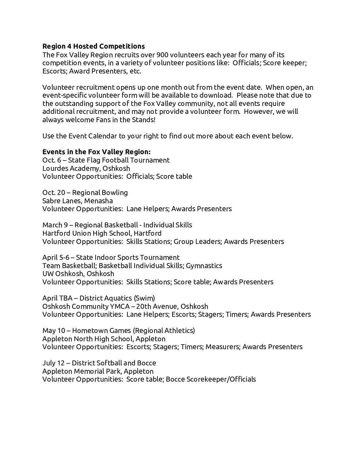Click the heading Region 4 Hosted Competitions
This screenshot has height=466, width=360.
pyautogui.click(x=94, y=46)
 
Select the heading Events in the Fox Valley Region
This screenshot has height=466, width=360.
pyautogui.click(x=96, y=152)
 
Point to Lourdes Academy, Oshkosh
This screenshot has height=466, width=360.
pyautogui.click(x=86, y=168)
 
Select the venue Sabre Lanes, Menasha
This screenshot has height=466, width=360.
pyautogui.click(x=77, y=201)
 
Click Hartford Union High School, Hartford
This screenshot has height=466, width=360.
pyautogui.click(x=102, y=233)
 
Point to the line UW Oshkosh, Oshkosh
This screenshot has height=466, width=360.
pyautogui.click(x=78, y=274)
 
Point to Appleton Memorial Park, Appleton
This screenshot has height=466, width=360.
pyautogui.click(x=98, y=371)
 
